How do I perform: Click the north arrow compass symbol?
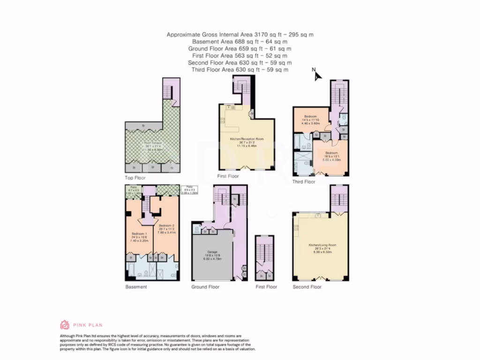[316, 75]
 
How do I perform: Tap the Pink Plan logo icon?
[65, 324]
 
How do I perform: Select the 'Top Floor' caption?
[135, 178]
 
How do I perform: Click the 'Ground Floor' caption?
[205, 287]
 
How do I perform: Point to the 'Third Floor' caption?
[304, 182]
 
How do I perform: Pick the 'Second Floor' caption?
[307, 287]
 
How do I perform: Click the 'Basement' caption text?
[136, 287]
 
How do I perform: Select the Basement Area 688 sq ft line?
[240, 42]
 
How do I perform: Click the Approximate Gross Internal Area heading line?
[240, 35]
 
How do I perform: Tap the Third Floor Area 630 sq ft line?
[240, 70]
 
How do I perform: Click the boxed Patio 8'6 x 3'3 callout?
[190, 189]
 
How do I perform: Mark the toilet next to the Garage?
[196, 230]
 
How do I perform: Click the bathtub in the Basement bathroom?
[132, 271]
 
